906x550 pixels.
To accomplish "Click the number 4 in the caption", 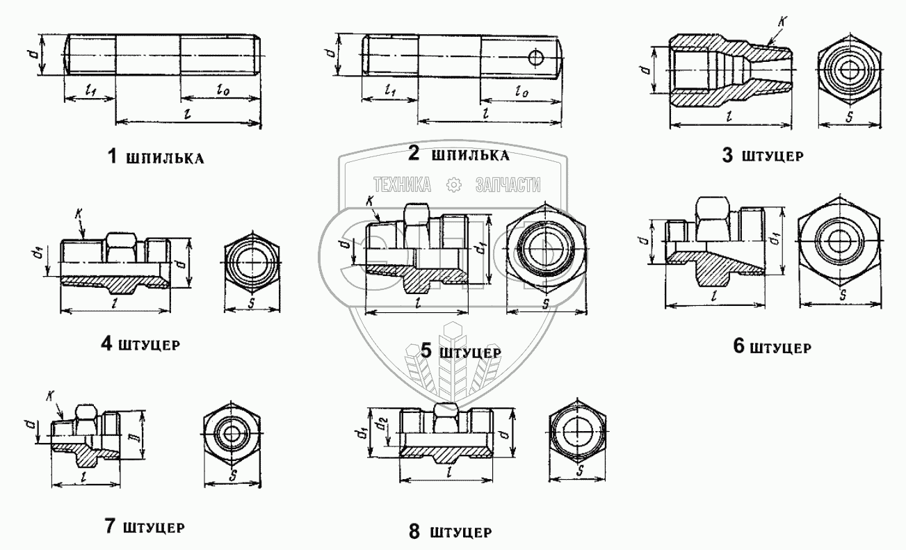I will tap(106, 343).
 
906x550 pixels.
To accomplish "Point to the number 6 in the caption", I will tap(739, 346).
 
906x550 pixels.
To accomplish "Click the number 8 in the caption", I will tap(414, 533).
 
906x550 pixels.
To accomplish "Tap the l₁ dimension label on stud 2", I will tap(389, 90).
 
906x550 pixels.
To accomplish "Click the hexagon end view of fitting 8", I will tap(576, 432).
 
